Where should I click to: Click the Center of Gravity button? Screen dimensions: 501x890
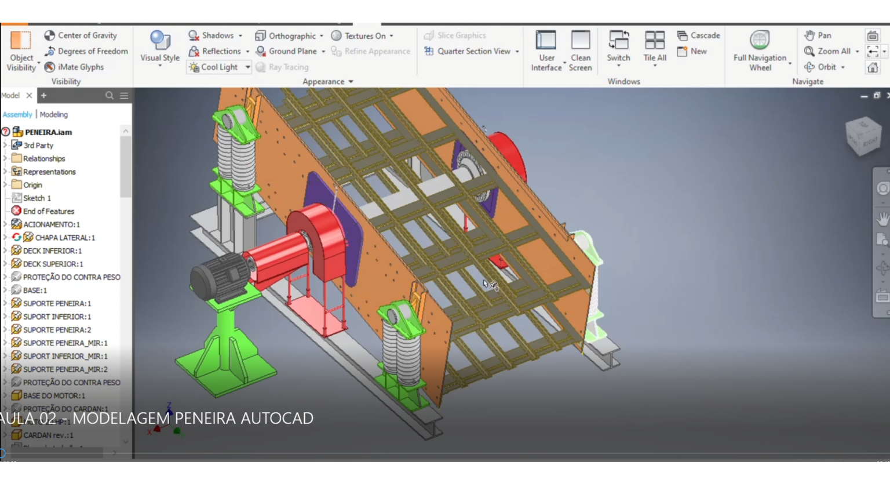pos(81,35)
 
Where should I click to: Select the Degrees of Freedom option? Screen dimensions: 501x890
pos(86,51)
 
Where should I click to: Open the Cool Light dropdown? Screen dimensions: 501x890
pos(247,67)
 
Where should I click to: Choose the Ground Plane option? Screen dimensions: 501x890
pos(287,51)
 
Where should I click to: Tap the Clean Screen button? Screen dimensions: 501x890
pos(580,50)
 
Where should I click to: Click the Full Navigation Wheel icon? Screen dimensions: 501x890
pos(760,41)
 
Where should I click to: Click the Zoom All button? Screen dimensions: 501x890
pos(828,51)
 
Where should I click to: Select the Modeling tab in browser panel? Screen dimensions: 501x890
pos(54,115)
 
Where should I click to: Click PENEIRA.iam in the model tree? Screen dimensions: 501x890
pos(48,132)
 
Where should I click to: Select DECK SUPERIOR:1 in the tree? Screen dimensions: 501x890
pos(53,264)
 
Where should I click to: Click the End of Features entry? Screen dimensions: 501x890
pos(48,211)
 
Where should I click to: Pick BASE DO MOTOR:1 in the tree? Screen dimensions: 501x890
pos(54,395)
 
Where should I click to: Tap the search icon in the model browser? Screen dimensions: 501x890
pos(109,96)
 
